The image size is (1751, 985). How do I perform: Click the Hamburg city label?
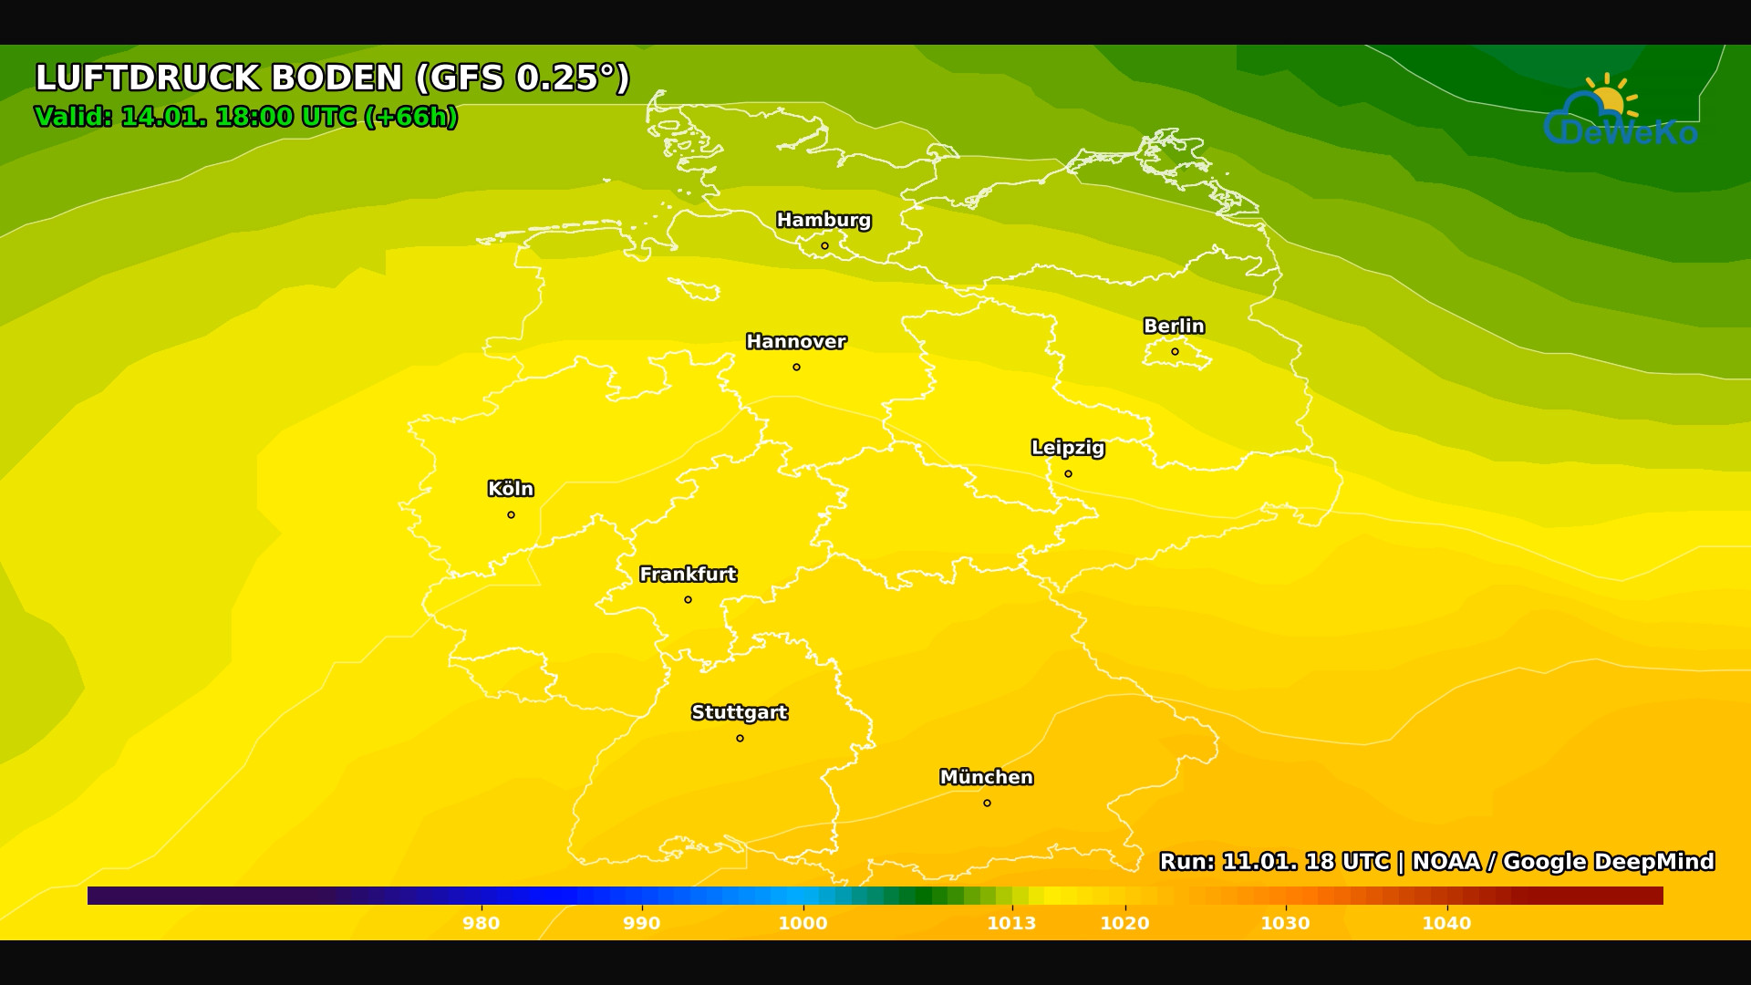tap(824, 220)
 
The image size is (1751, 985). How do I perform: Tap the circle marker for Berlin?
tap(1175, 351)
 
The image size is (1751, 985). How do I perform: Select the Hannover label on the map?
tap(796, 342)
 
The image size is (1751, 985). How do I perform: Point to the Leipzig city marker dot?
tap(1068, 473)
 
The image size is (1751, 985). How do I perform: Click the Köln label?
tap(511, 489)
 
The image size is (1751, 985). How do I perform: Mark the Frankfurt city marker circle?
tap(688, 599)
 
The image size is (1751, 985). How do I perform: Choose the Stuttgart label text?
tap(739, 712)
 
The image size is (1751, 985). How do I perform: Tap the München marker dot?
tap(987, 803)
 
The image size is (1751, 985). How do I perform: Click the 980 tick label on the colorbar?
tap(481, 923)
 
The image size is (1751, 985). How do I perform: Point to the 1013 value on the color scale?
tap(1011, 923)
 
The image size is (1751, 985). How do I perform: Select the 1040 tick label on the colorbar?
tap(1446, 923)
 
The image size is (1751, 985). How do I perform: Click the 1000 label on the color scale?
tap(803, 923)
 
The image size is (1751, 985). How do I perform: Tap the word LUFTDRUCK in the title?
tap(148, 78)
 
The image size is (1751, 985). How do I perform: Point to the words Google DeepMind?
tap(1608, 862)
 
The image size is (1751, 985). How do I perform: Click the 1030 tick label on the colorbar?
tap(1285, 923)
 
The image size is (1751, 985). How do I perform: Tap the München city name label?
tap(986, 777)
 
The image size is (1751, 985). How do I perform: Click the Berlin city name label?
tap(1174, 326)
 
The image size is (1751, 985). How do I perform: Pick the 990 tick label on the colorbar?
tap(641, 923)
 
